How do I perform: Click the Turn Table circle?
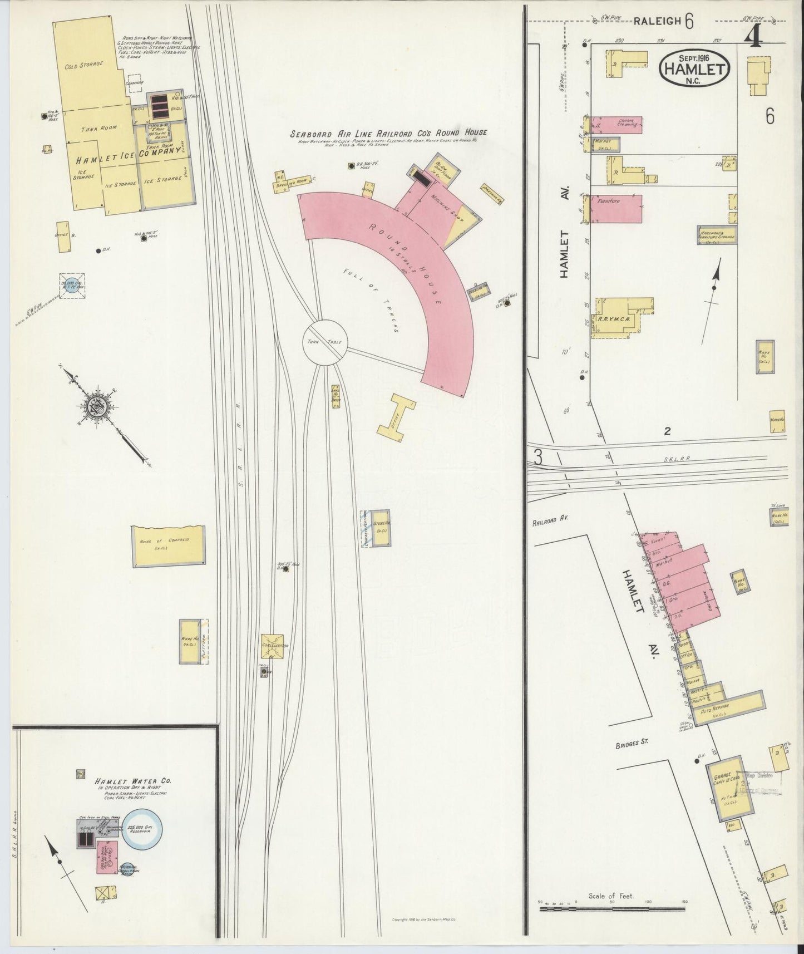coord(325,342)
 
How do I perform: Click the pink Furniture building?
coord(616,209)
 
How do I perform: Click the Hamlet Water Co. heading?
coord(132,781)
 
